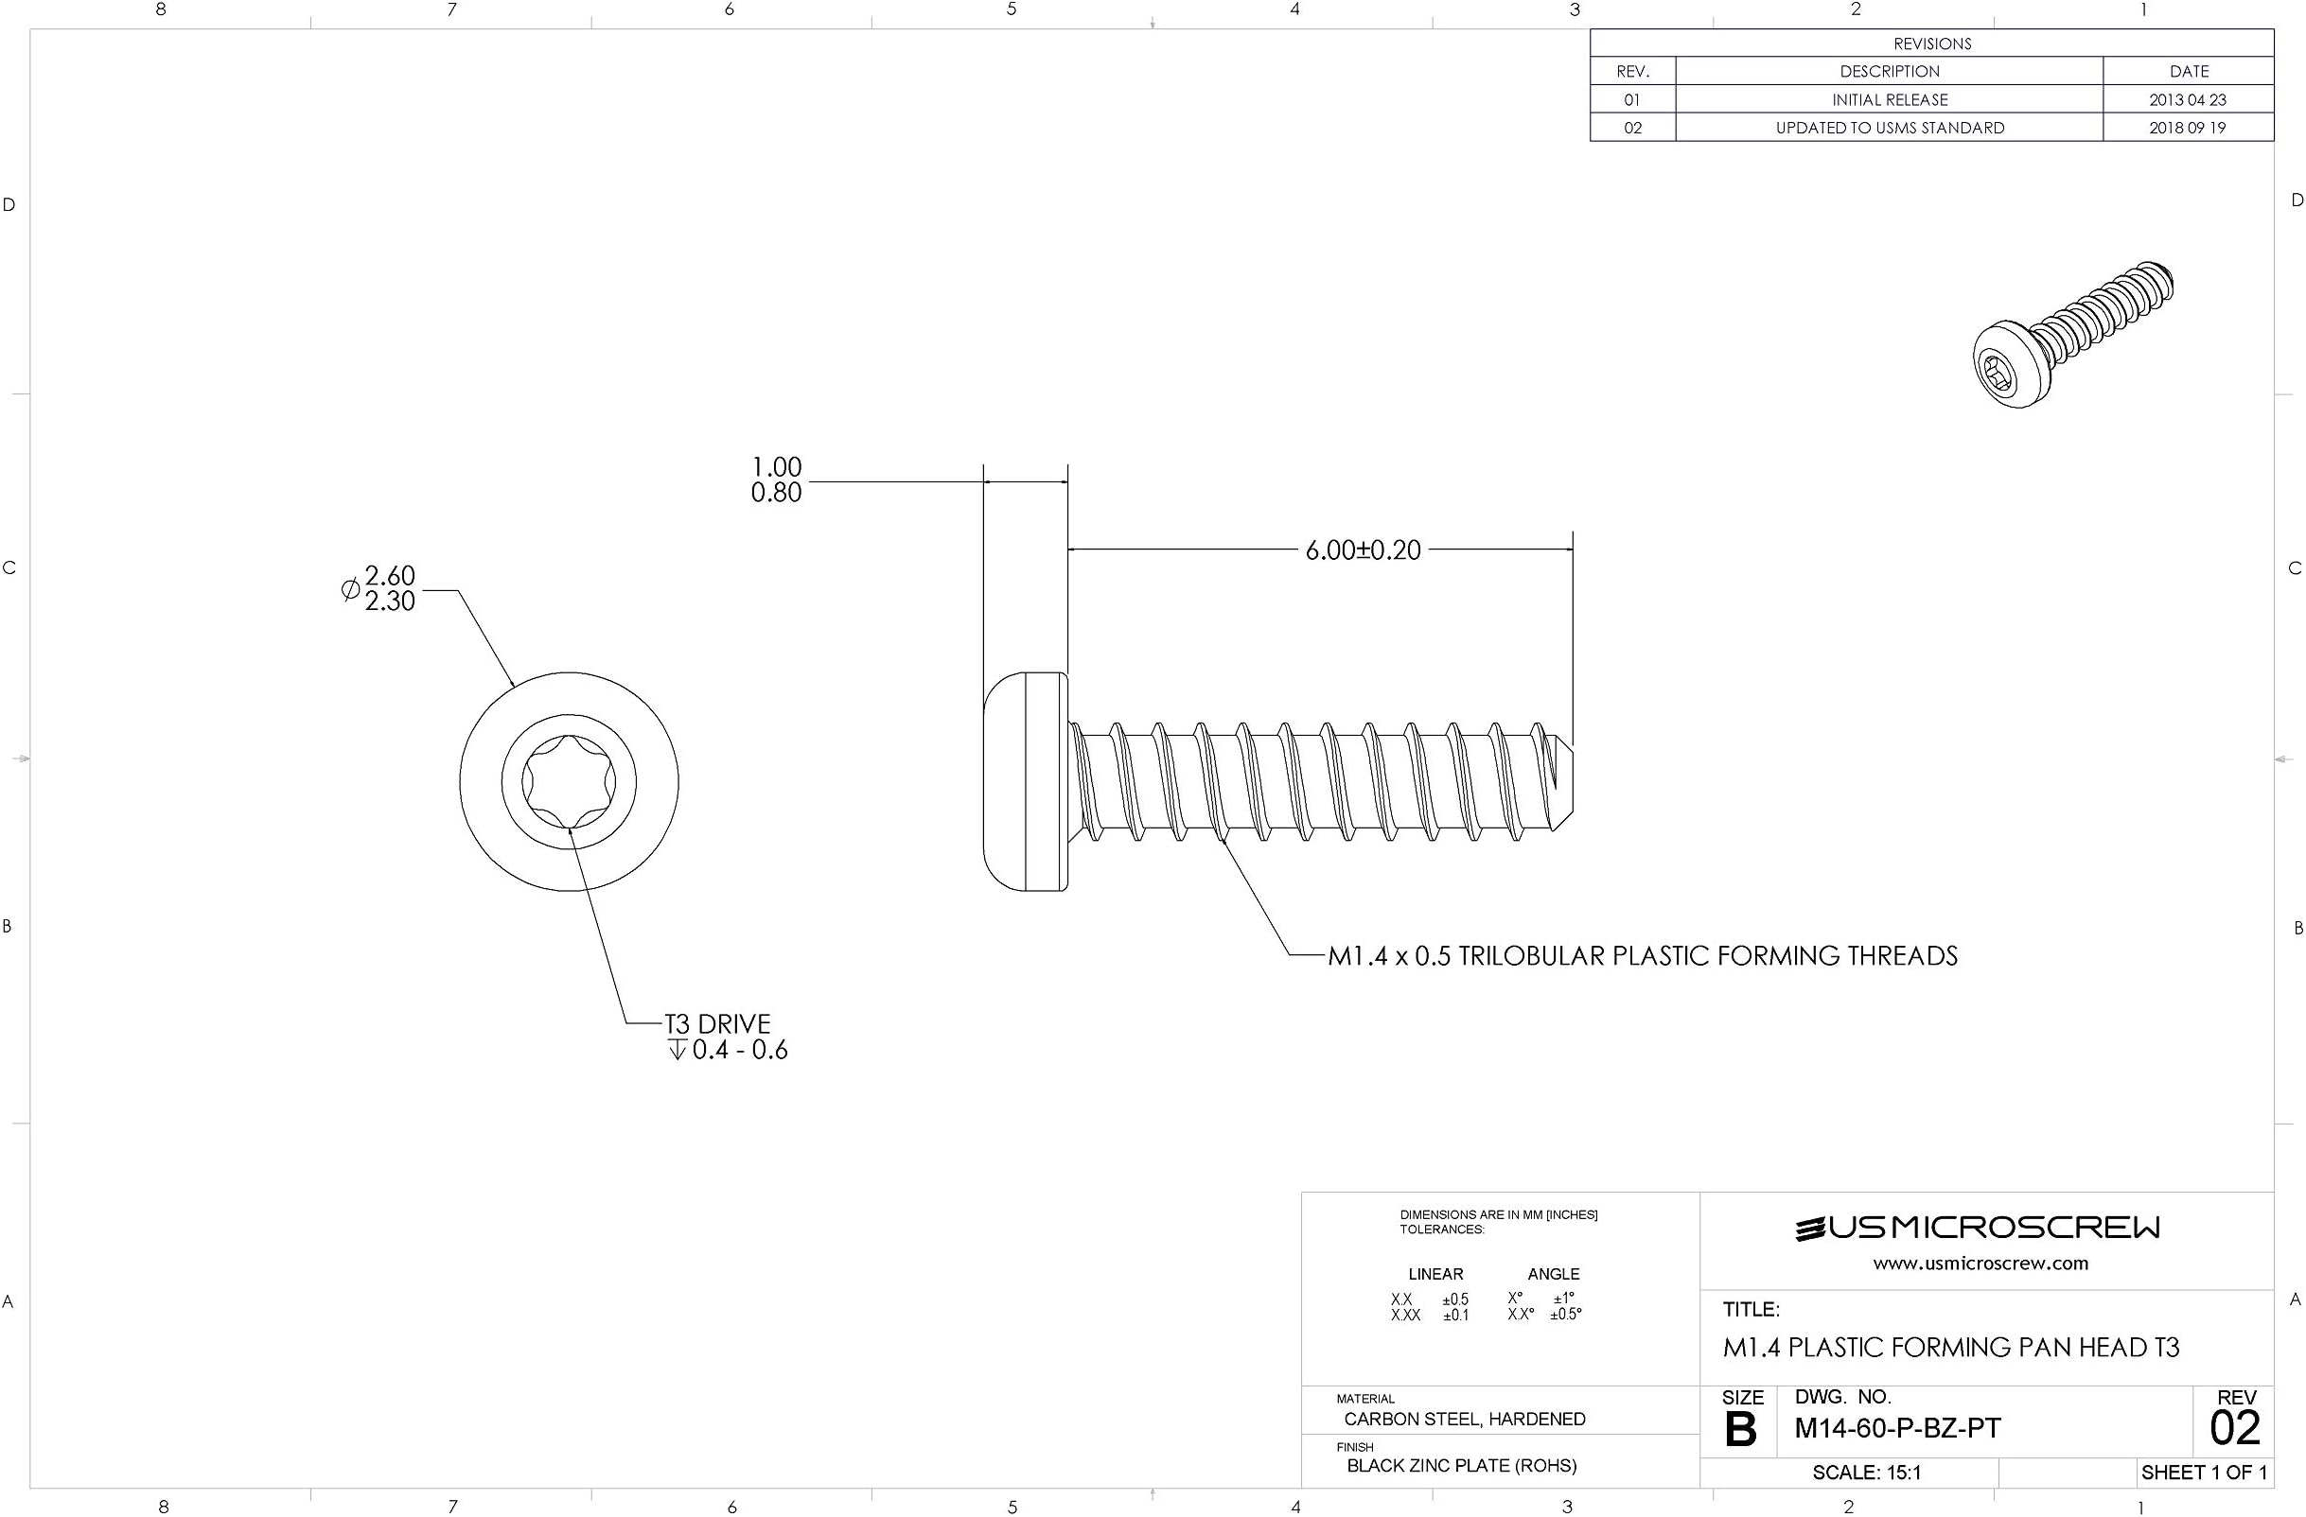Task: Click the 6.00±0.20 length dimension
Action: click(1363, 550)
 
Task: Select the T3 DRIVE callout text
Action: click(717, 1024)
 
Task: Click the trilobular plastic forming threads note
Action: click(1643, 956)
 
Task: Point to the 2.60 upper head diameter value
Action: click(390, 575)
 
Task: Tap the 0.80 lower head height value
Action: click(776, 493)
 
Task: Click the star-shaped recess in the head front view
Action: click(569, 781)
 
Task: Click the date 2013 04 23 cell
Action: click(2188, 99)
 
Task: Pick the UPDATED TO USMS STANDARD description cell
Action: click(1890, 128)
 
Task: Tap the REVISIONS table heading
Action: click(1932, 44)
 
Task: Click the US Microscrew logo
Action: click(1978, 1229)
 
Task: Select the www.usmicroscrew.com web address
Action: click(1980, 1264)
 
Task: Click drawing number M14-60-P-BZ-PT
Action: click(1897, 1428)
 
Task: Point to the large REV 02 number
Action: click(2234, 1428)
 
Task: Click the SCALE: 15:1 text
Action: click(1866, 1473)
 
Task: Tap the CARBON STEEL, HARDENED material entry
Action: click(1464, 1420)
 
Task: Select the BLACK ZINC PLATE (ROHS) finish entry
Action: click(1461, 1466)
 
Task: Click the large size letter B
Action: click(1740, 1430)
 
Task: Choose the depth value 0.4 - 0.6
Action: click(739, 1051)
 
